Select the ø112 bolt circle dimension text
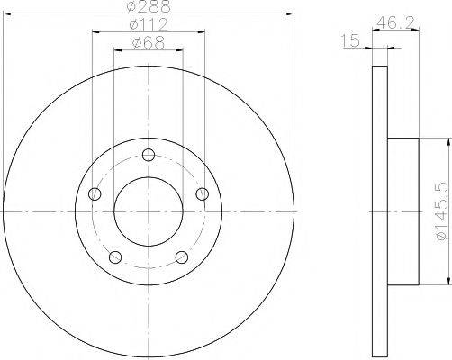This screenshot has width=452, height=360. click(148, 24)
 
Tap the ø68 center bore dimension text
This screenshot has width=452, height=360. click(148, 41)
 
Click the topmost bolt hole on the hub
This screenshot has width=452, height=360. click(148, 154)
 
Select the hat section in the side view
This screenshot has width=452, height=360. click(402, 211)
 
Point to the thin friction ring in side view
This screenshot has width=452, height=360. click(380, 211)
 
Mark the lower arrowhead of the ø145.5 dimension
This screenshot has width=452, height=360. click(447, 283)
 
